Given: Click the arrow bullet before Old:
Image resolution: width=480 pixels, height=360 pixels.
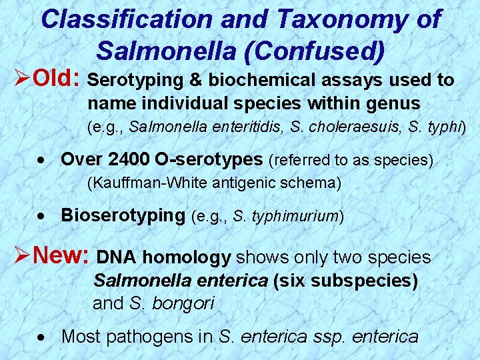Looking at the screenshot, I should tap(18, 79).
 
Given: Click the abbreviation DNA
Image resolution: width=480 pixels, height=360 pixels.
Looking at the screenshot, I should tap(117, 257).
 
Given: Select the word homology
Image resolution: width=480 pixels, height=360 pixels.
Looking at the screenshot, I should tap(186, 257).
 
